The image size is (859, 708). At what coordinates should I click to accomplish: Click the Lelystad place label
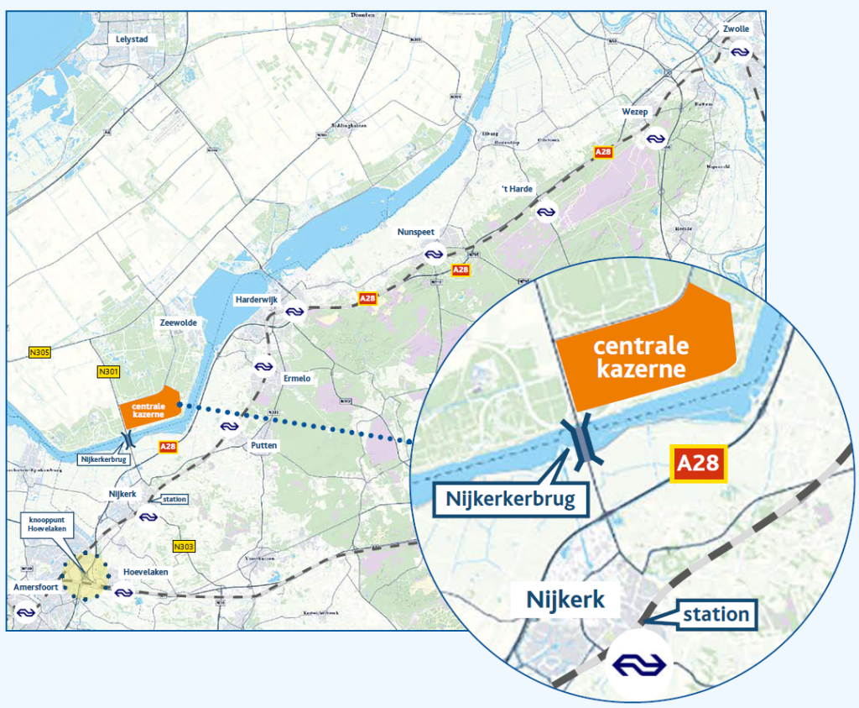click(133, 39)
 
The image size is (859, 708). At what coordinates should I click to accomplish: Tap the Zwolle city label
click(736, 29)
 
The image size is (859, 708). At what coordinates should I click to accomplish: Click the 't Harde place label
click(517, 189)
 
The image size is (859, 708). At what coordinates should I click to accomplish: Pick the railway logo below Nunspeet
click(434, 253)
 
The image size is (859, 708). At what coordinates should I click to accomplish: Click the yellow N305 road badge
click(39, 352)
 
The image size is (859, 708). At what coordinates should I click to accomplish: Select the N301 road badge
click(108, 371)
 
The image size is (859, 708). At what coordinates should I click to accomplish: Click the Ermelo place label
click(297, 379)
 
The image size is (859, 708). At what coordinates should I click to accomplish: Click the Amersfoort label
click(36, 587)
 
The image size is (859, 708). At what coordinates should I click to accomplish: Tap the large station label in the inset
click(715, 614)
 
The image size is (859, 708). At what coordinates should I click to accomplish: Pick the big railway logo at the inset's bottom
click(639, 664)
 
